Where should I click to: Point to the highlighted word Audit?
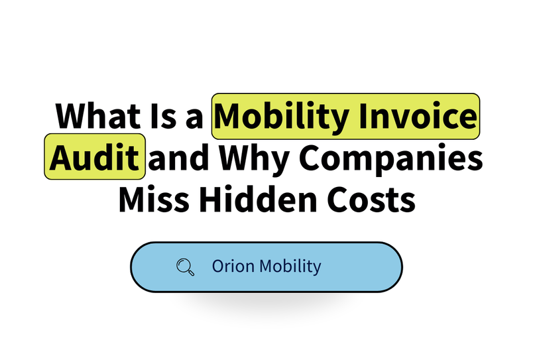click(x=95, y=156)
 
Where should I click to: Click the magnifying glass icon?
click(x=186, y=267)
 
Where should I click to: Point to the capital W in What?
click(x=70, y=117)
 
